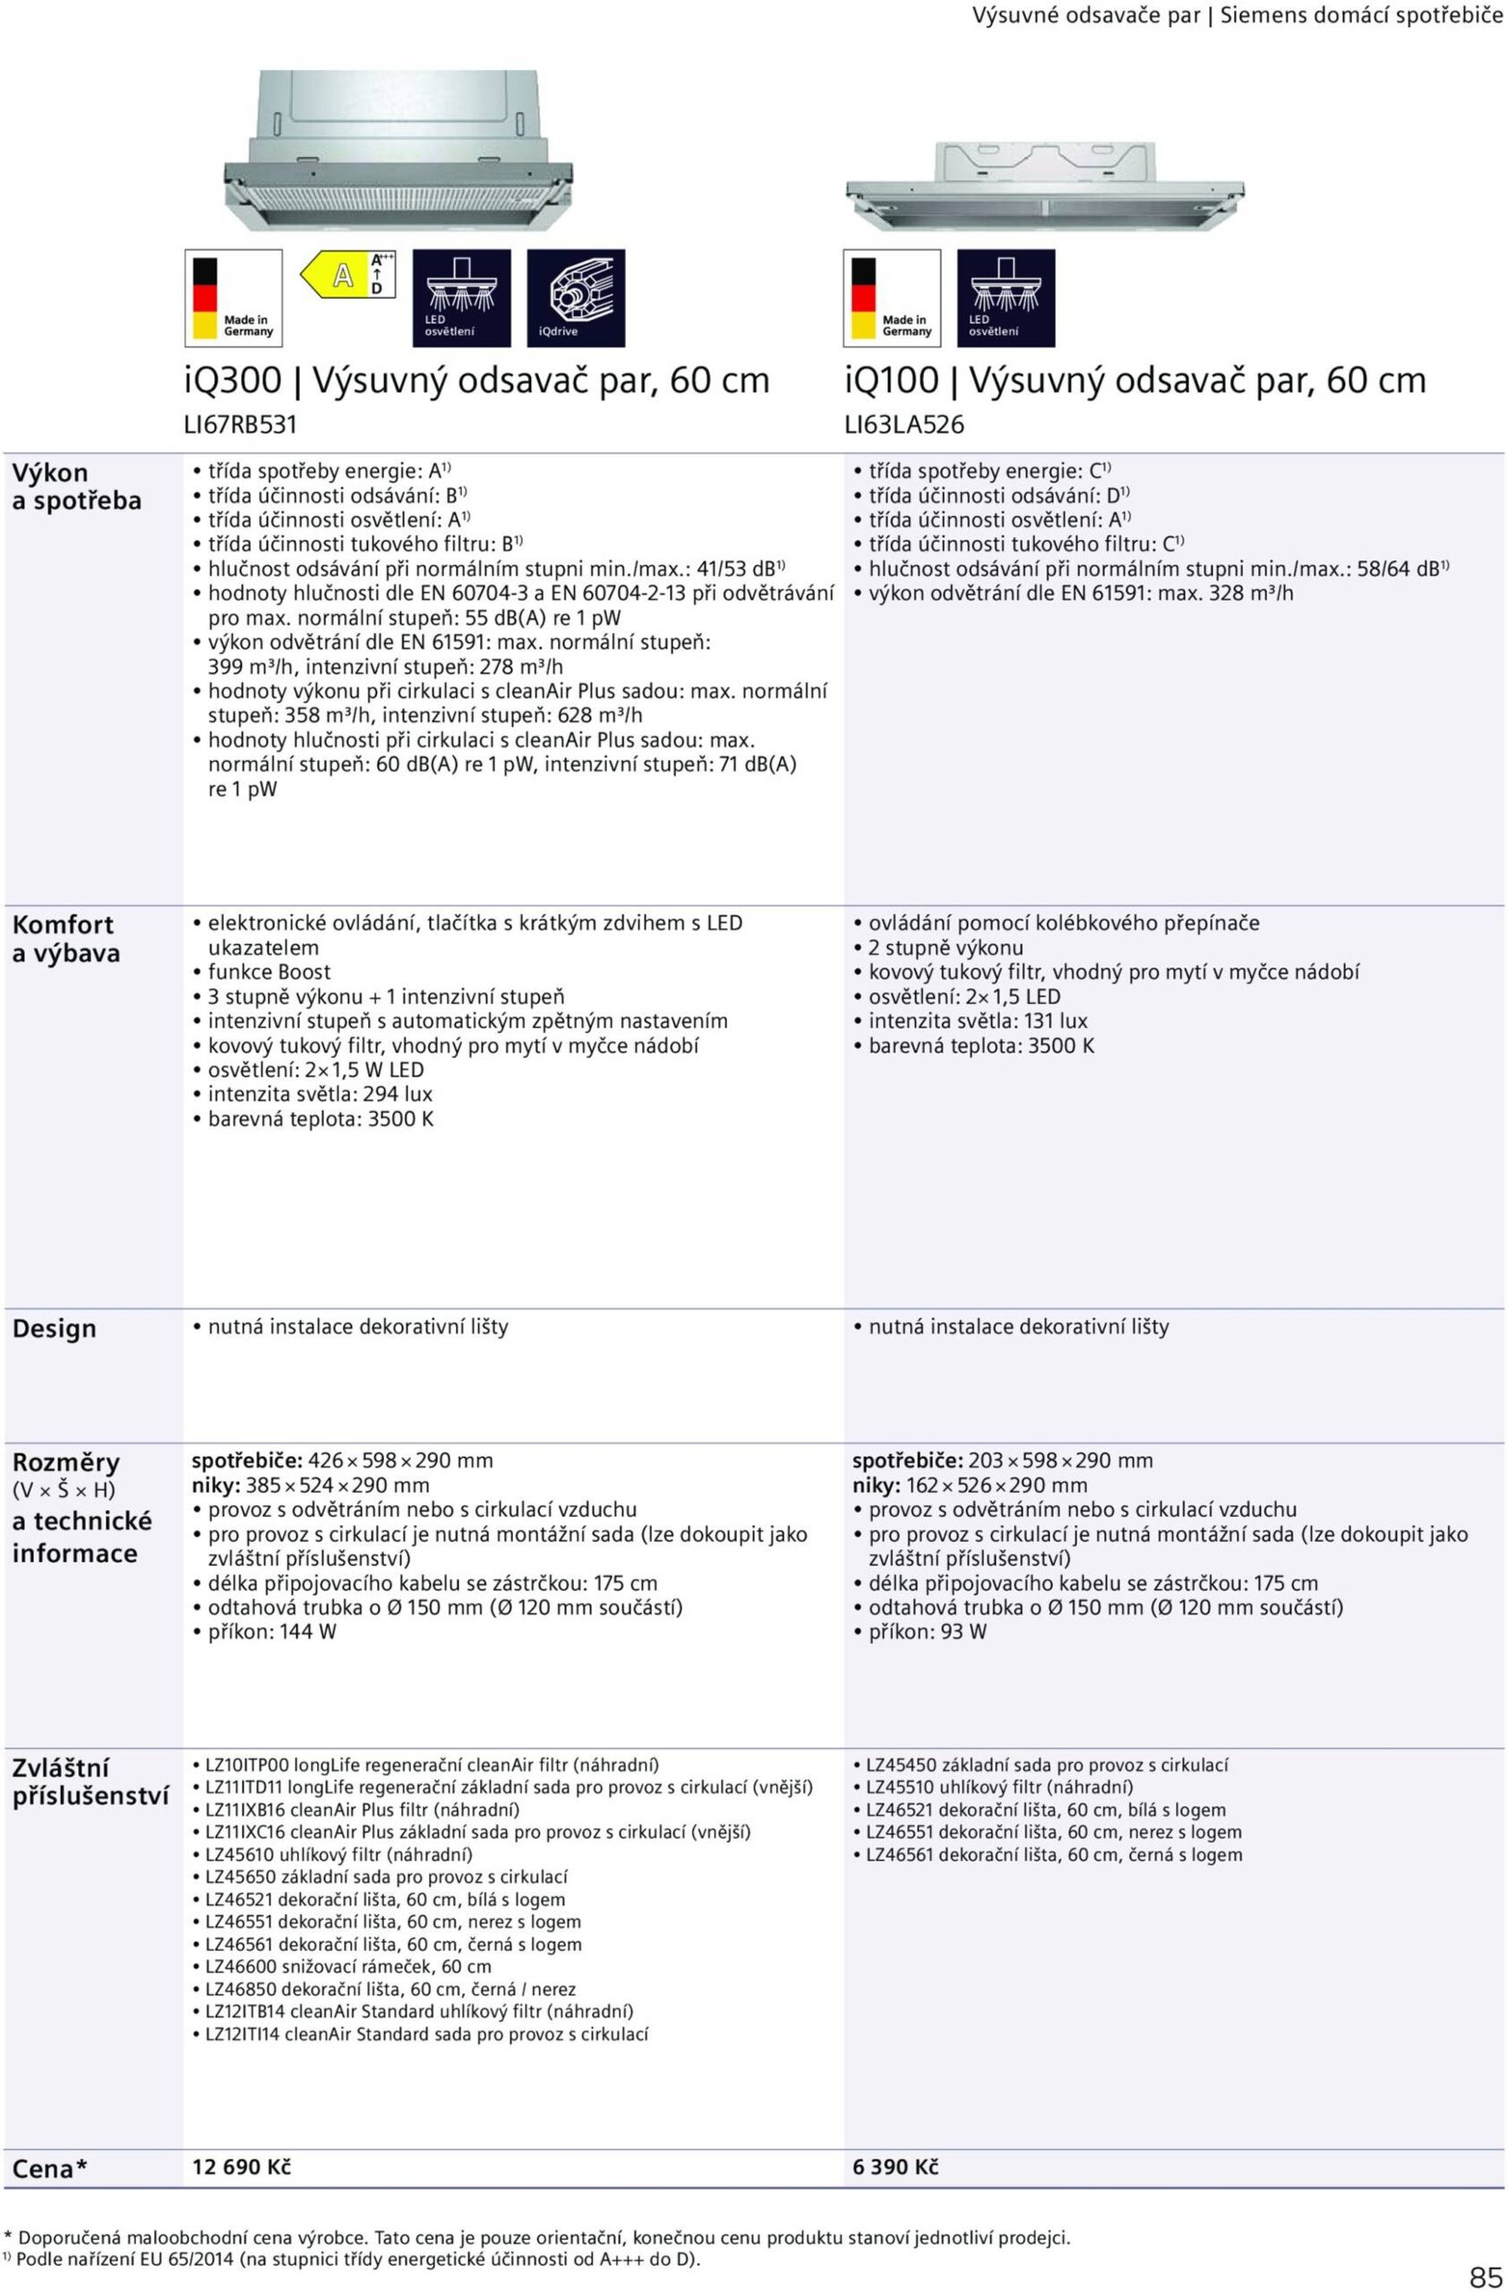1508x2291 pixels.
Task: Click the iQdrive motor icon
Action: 575,297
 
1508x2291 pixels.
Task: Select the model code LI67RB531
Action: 241,424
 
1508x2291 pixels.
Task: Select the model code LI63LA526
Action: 904,424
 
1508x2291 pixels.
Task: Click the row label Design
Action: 54,1328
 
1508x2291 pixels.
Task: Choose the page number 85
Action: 1485,2276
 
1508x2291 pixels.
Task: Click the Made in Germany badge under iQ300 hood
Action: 233,297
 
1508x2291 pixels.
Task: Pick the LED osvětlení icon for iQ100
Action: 1006,297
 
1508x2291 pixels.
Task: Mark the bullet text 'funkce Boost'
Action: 269,972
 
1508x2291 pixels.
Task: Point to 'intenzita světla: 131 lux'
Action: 977,1021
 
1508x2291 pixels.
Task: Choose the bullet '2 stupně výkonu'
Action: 946,947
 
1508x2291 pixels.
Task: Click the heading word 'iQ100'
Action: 891,381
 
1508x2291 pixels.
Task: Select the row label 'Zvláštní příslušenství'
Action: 90,1782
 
